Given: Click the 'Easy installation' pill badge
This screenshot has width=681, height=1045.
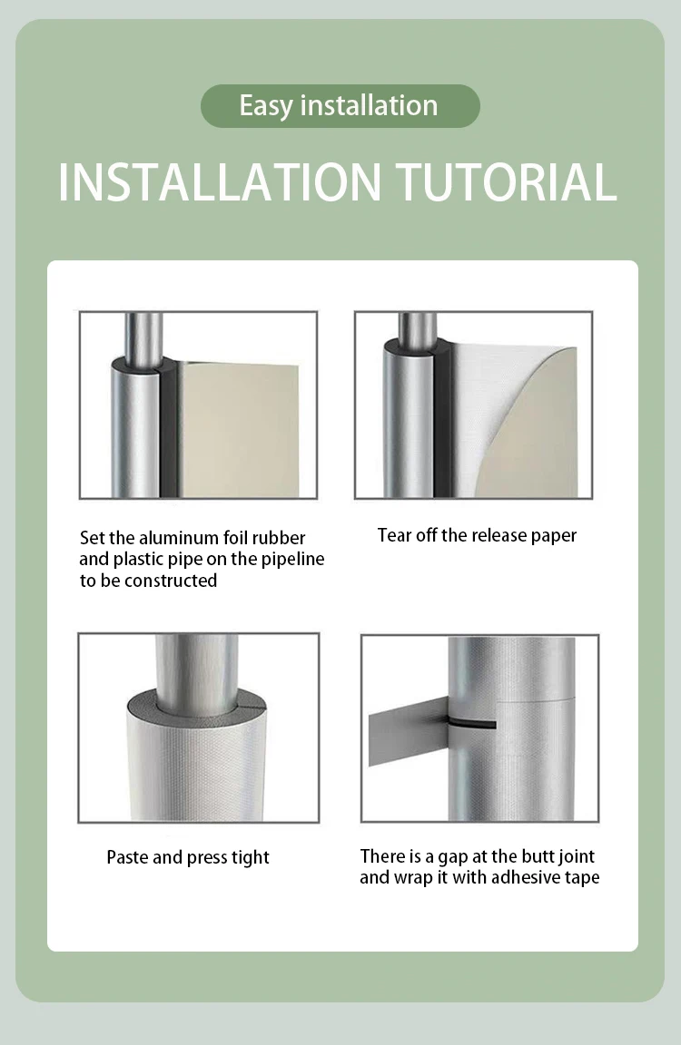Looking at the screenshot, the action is click(x=340, y=106).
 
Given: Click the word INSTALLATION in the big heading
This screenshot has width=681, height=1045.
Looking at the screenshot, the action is click(x=220, y=182).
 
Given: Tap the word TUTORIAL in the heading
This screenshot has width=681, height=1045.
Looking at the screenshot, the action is click(x=507, y=182).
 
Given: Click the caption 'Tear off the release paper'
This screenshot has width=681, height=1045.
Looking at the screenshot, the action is click(x=477, y=535).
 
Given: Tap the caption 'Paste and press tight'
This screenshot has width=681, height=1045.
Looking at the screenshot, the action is click(x=188, y=857).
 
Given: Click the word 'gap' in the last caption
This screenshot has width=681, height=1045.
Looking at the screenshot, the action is click(x=453, y=857).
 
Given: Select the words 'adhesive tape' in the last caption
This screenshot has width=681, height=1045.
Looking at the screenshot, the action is click(x=545, y=878).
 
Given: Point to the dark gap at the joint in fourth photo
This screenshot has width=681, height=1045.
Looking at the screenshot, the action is click(x=471, y=724).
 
